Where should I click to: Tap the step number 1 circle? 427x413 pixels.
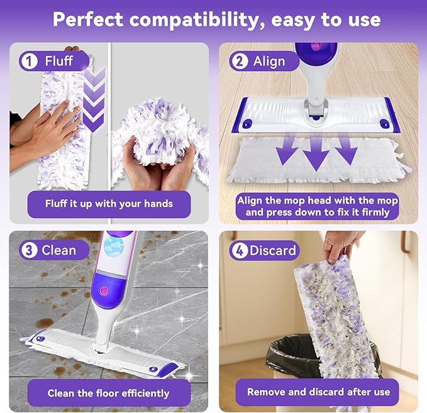click(x=28, y=61)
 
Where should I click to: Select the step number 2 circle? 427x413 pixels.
click(x=238, y=61)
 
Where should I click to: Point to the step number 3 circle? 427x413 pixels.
click(x=28, y=250)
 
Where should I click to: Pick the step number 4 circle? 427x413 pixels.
click(x=238, y=250)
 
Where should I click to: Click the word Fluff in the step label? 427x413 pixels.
click(x=58, y=61)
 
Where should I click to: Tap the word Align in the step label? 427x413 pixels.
click(x=269, y=61)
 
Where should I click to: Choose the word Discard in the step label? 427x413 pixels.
click(x=272, y=250)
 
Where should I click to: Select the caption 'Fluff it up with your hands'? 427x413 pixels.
click(x=109, y=204)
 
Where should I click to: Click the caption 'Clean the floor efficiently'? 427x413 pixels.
click(x=109, y=393)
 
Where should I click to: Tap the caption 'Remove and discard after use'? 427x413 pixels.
click(x=318, y=392)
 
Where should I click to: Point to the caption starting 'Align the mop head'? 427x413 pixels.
click(x=318, y=206)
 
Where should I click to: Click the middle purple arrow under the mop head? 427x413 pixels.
click(x=316, y=151)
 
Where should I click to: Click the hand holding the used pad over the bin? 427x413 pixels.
click(x=343, y=244)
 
